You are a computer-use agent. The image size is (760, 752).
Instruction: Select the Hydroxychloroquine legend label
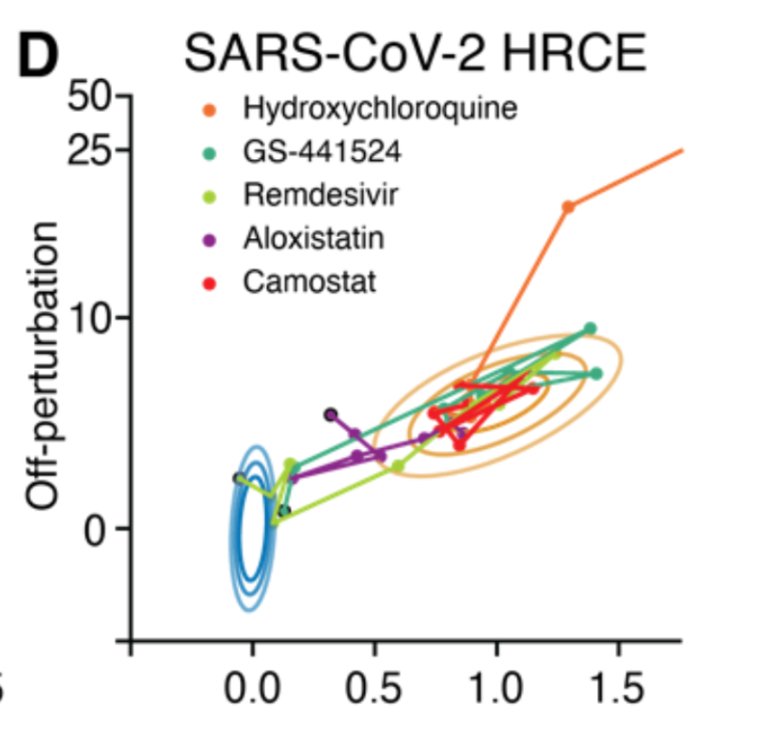[380, 108]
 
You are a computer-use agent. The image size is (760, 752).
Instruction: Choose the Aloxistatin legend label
[313, 238]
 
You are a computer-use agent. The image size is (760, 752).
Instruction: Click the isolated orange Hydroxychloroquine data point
[567, 207]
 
